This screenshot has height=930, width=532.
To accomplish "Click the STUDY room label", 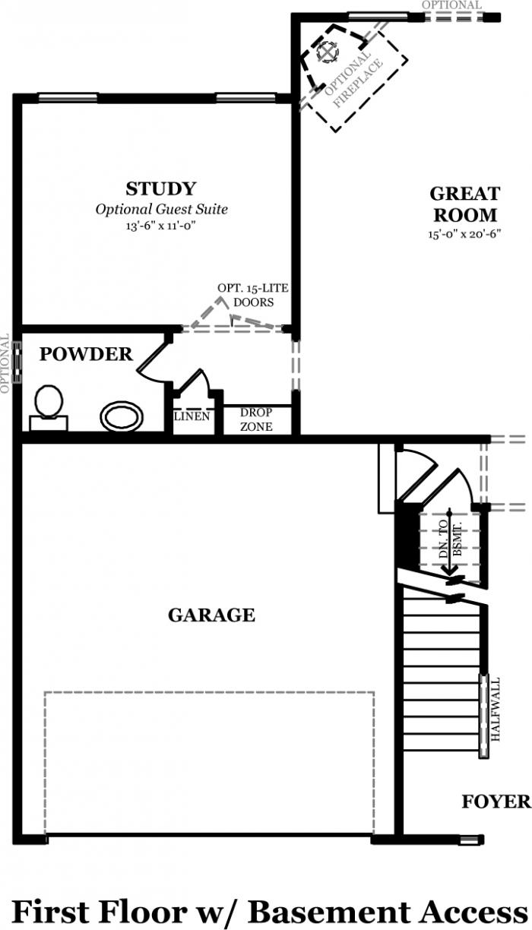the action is tap(160, 189).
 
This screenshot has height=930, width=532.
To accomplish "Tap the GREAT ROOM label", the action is tap(464, 204).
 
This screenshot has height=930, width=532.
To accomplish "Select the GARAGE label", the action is tap(211, 615).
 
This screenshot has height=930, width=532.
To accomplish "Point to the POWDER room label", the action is tap(86, 354).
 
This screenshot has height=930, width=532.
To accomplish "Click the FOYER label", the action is tap(497, 802).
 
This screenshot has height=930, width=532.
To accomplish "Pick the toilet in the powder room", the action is tap(49, 408).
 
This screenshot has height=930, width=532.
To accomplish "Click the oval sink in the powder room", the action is tap(122, 416).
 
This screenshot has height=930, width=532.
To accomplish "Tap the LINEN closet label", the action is tap(192, 416).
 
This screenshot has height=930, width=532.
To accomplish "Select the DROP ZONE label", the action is tap(256, 419).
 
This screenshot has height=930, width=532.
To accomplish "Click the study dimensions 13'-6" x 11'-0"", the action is tap(160, 226).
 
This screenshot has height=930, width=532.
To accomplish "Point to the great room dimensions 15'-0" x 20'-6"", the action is tap(464, 234).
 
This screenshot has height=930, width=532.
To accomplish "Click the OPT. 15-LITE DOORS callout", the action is tap(253, 296).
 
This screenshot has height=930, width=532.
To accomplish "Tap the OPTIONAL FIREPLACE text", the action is tap(353, 79).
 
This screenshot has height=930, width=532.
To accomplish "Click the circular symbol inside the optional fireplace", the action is tap(328, 52).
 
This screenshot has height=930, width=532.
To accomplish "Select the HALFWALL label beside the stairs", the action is tap(496, 710).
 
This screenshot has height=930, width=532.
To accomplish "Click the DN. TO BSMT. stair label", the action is tap(450, 539).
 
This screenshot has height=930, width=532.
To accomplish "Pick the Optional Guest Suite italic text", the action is tap(162, 209).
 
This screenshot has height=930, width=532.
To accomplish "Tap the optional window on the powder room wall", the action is tap(17, 362).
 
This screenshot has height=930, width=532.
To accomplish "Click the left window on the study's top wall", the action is tap(68, 98).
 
